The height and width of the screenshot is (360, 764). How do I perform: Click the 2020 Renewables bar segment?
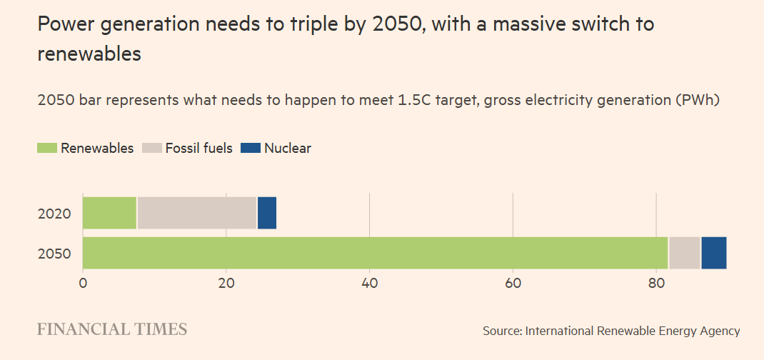[x=109, y=212]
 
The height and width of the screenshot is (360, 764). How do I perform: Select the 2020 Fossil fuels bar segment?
[x=196, y=212]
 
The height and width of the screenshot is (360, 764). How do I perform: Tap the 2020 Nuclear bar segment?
[x=266, y=212]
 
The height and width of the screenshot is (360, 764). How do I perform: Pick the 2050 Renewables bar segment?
[x=375, y=253]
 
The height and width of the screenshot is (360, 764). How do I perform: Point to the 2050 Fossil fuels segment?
[x=685, y=253]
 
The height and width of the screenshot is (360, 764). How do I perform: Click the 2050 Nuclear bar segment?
[x=713, y=253]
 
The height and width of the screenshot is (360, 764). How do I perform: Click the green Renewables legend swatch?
[x=46, y=148]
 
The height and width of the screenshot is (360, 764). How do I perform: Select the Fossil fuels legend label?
[x=198, y=149]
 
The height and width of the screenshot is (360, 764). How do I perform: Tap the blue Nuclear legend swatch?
[x=250, y=148]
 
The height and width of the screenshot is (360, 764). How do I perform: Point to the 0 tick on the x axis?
[x=83, y=284]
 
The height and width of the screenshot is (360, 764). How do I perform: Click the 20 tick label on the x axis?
[x=226, y=284]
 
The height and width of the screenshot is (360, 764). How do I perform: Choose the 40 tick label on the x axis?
[x=369, y=284]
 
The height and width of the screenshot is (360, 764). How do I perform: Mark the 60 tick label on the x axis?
[x=513, y=284]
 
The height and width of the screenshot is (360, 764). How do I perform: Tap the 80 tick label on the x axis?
[x=656, y=284]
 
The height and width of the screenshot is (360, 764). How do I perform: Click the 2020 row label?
[x=54, y=213]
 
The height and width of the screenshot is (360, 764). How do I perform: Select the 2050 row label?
[x=54, y=254]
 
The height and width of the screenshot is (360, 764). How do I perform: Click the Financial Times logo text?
[x=112, y=329]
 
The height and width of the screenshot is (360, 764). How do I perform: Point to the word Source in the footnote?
[x=502, y=331]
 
